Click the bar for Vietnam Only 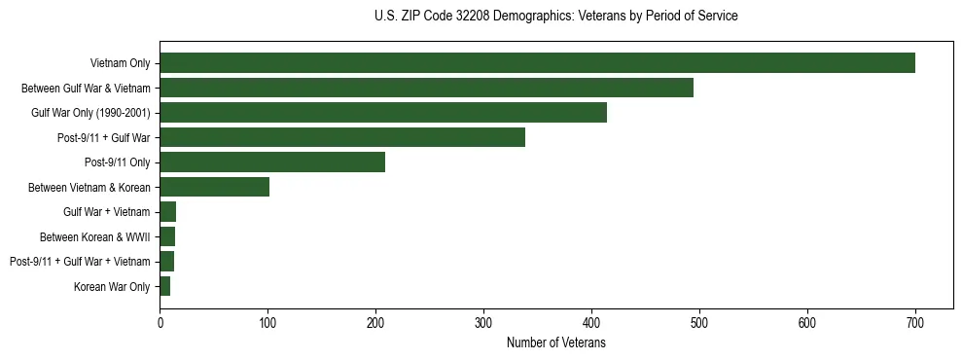pyautogui.click(x=537, y=63)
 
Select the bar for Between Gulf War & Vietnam pyautogui.click(x=426, y=88)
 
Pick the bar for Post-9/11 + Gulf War pyautogui.click(x=342, y=137)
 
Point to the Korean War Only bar pyautogui.click(x=165, y=286)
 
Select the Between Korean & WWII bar pyautogui.click(x=167, y=236)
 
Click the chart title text pyautogui.click(x=555, y=17)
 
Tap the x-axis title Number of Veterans pyautogui.click(x=555, y=343)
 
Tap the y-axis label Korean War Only pyautogui.click(x=112, y=286)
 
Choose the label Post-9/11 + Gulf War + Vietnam pyautogui.click(x=80, y=262)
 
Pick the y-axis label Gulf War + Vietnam pyautogui.click(x=106, y=212)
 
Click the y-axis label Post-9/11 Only pyautogui.click(x=118, y=162)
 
